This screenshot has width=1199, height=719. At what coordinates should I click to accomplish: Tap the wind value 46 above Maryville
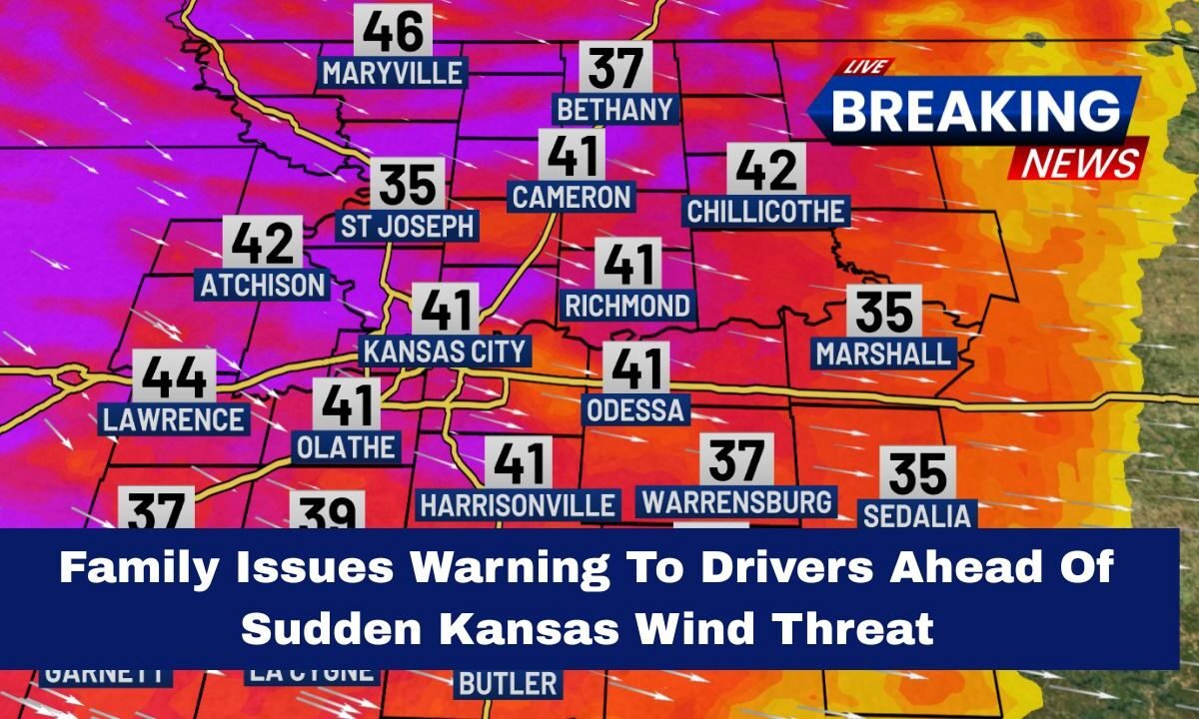click(x=393, y=32)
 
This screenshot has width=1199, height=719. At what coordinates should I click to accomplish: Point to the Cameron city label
click(x=572, y=197)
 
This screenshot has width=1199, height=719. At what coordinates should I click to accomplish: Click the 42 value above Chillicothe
click(x=766, y=170)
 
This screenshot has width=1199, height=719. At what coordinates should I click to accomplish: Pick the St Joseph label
click(x=407, y=226)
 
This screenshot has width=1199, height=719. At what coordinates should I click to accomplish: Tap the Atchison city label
click(x=264, y=285)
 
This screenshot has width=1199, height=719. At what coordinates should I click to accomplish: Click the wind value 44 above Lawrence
click(x=174, y=377)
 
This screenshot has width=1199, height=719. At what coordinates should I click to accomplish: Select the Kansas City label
click(x=445, y=352)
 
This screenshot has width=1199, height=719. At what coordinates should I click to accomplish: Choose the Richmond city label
click(x=626, y=305)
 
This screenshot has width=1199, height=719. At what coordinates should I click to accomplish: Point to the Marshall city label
click(x=883, y=354)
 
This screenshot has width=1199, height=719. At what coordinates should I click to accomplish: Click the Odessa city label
click(x=635, y=409)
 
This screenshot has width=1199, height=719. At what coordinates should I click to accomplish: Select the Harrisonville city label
click(x=518, y=504)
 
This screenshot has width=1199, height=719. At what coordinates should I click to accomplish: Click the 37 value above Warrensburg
click(x=736, y=460)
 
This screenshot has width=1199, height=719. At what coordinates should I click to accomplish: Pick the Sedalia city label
click(x=916, y=515)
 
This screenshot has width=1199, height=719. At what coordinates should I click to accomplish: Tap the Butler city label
click(x=508, y=684)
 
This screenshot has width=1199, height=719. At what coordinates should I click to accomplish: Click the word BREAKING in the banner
click(x=975, y=110)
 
